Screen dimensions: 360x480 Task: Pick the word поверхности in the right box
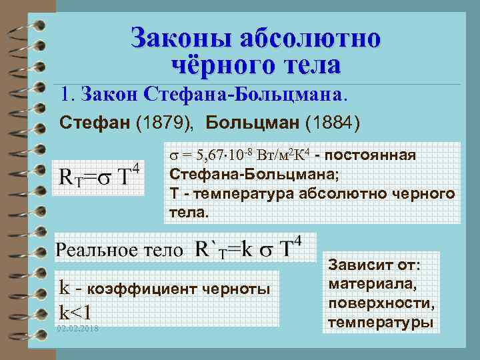pyautogui.click(x=381, y=304)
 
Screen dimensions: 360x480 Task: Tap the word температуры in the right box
pyautogui.click(x=381, y=323)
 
